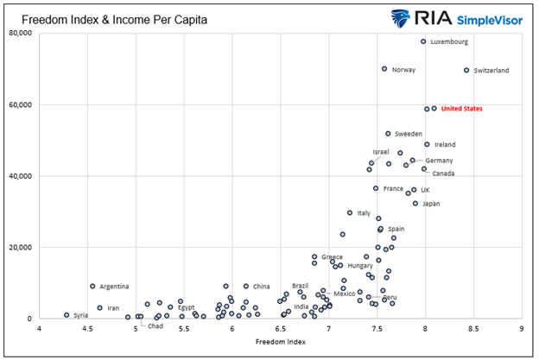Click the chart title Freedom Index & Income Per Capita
[110, 16]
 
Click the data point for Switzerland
[466, 70]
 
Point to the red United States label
[461, 109]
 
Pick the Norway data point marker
[384, 69]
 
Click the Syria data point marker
[67, 315]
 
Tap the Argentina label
[114, 287]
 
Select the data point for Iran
[100, 307]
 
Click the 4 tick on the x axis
[38, 329]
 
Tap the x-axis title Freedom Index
[280, 343]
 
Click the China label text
[262, 287]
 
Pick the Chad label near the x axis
[155, 326]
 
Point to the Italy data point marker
[350, 212]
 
